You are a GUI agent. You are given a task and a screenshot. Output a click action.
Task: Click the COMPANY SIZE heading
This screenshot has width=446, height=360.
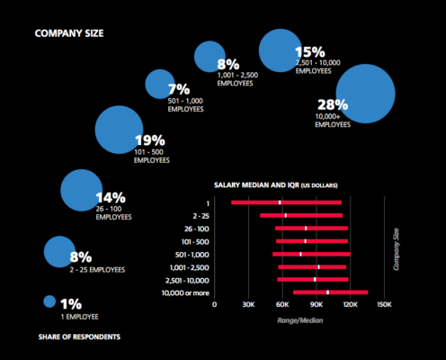pyautogui.click(x=69, y=34)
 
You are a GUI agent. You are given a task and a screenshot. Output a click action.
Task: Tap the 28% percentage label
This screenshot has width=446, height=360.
pyautogui.click(x=331, y=103)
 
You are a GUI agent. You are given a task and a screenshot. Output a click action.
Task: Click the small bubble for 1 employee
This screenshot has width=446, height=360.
pyautogui.click(x=49, y=301)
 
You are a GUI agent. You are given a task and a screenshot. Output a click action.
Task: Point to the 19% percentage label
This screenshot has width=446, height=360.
pyautogui.click(x=149, y=140)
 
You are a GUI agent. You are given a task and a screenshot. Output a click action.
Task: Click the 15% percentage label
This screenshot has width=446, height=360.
pyautogui.click(x=309, y=51)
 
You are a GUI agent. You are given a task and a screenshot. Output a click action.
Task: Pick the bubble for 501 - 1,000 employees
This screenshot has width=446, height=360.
pyautogui.click(x=159, y=85)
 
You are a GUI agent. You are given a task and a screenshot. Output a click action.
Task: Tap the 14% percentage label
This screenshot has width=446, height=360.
pyautogui.click(x=110, y=197)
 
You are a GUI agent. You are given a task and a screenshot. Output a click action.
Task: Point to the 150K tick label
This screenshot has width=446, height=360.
pyautogui.click(x=382, y=305)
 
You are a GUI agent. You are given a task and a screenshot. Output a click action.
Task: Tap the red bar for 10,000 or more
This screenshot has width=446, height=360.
pyautogui.click(x=330, y=292)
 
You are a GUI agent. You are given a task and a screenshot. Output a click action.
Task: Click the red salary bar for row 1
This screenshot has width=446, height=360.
pyautogui.click(x=286, y=202)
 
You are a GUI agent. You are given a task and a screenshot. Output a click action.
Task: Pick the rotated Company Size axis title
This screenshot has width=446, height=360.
pyautogui.click(x=396, y=250)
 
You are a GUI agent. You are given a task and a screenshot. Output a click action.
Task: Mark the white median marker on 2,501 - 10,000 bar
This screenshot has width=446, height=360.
pyautogui.click(x=315, y=280)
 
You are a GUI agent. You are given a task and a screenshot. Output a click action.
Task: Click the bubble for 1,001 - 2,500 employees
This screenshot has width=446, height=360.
pyautogui.click(x=210, y=57)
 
